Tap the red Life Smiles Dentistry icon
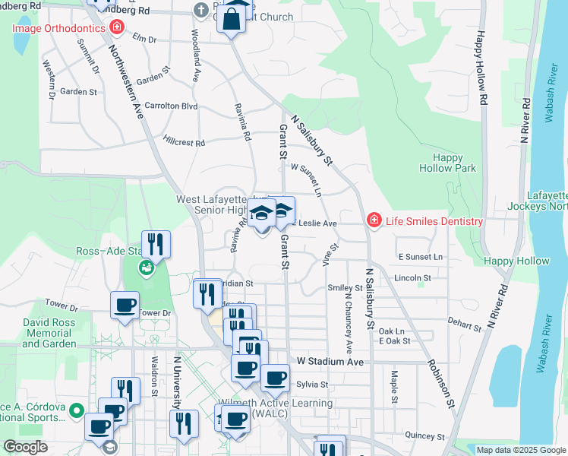coord(373,221)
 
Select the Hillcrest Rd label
coord(184,142)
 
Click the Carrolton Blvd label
coord(171,106)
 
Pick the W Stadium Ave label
coord(330,361)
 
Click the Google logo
coord(25,447)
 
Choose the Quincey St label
coord(425,436)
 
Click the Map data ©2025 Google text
coord(520,450)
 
